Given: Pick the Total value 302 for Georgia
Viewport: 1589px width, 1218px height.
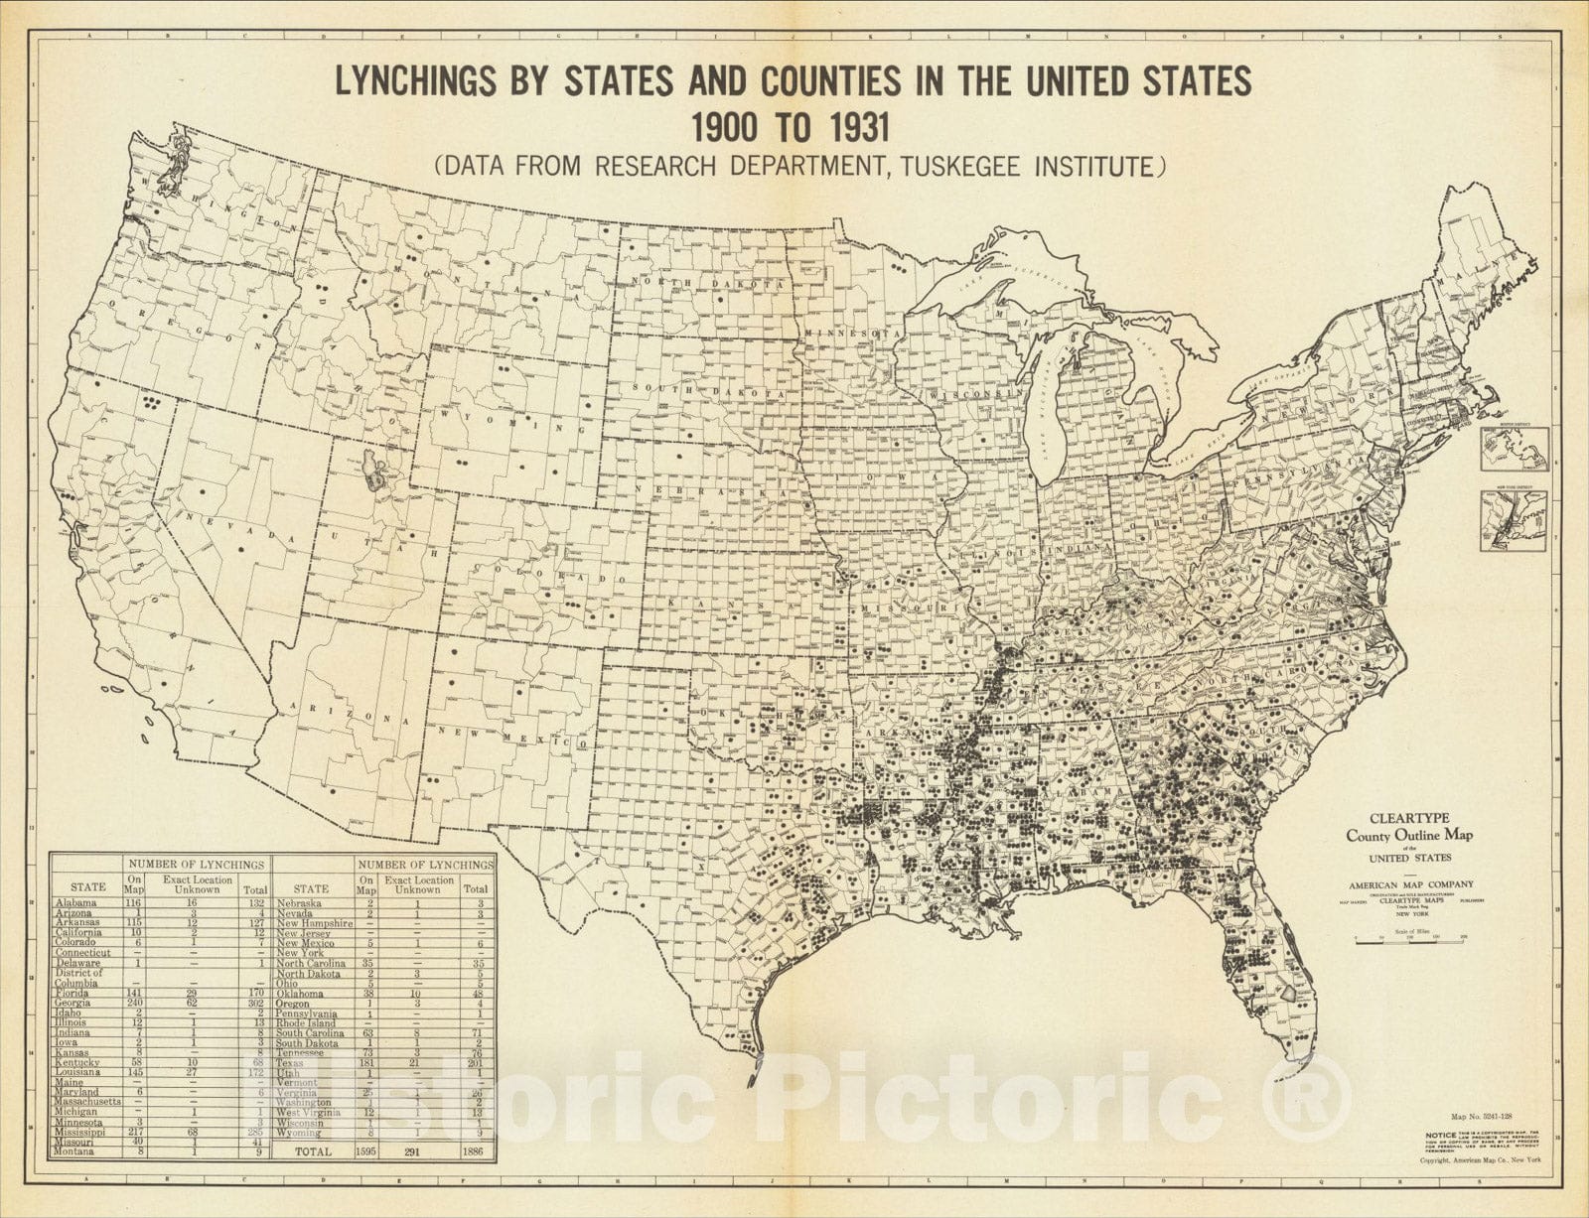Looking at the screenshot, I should (252, 1003).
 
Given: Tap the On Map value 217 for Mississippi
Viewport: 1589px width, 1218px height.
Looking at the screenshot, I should (132, 1132).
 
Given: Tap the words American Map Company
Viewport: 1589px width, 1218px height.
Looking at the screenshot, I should (1410, 883).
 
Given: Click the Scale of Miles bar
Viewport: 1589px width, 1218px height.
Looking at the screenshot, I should (1410, 939).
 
